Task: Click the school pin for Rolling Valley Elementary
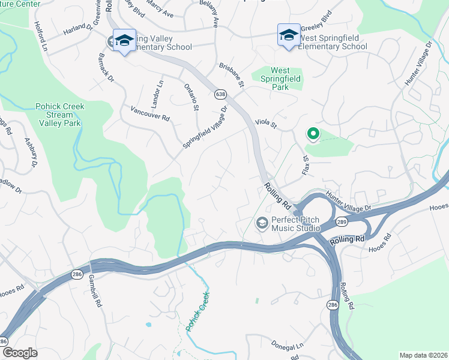coord(124,41)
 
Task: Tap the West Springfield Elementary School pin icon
coord(288,35)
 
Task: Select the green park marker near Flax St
coord(312,134)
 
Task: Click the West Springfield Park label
coord(280,79)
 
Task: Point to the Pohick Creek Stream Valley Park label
coord(59,115)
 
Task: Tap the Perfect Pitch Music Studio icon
coord(262,223)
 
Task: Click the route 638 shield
coord(220,94)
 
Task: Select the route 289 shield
coord(341,221)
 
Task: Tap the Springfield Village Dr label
coord(206,129)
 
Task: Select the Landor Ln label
coord(159,92)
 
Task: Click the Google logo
coord(19,353)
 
